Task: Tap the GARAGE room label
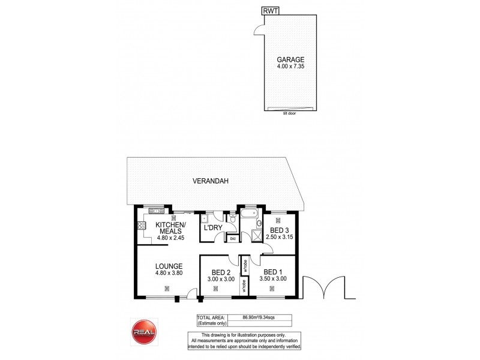(290, 59)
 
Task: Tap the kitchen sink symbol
(154, 211)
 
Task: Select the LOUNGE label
(169, 266)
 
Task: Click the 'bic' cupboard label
(232, 238)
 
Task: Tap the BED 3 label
(280, 230)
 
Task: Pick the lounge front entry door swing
(192, 293)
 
